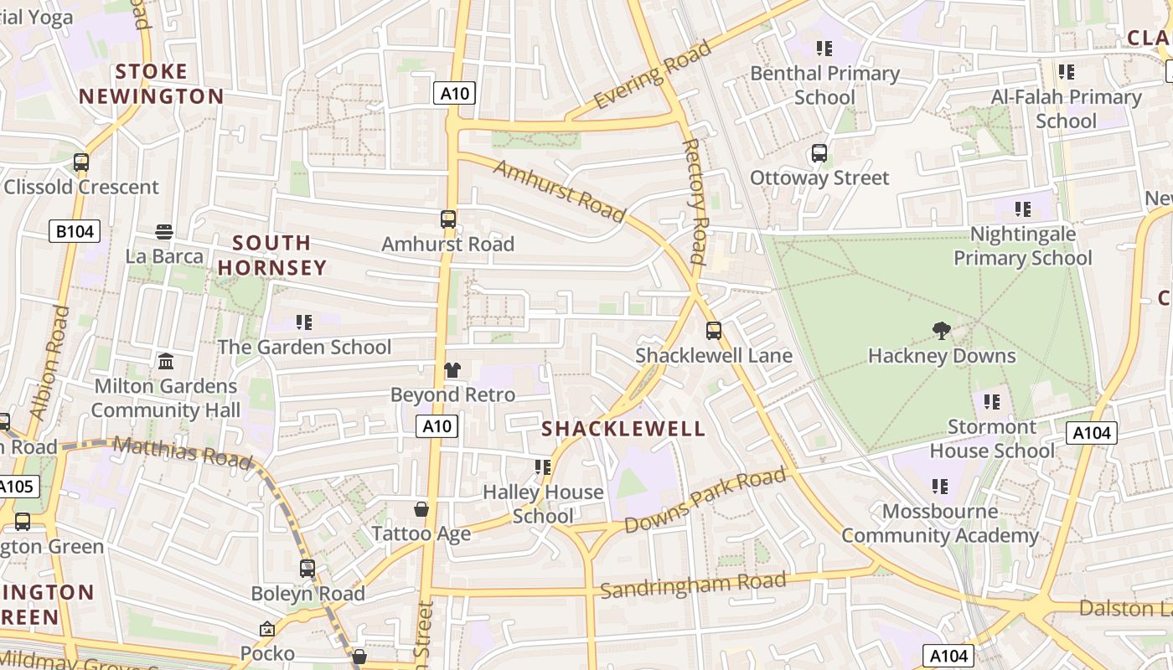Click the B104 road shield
click(75, 231)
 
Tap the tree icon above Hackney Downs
click(942, 331)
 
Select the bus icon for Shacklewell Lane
click(713, 330)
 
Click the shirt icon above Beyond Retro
click(452, 370)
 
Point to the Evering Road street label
click(653, 75)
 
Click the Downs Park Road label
click(705, 501)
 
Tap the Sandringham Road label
click(693, 585)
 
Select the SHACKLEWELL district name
click(623, 430)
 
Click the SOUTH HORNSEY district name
click(271, 255)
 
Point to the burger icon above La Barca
click(164, 232)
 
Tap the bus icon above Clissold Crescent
click(81, 162)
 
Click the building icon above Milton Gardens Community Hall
click(166, 362)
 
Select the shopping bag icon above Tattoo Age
click(421, 509)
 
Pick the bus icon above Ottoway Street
click(819, 153)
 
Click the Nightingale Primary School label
click(1023, 245)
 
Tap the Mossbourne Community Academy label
click(940, 523)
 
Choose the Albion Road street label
click(49, 362)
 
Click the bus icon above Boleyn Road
click(307, 569)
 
